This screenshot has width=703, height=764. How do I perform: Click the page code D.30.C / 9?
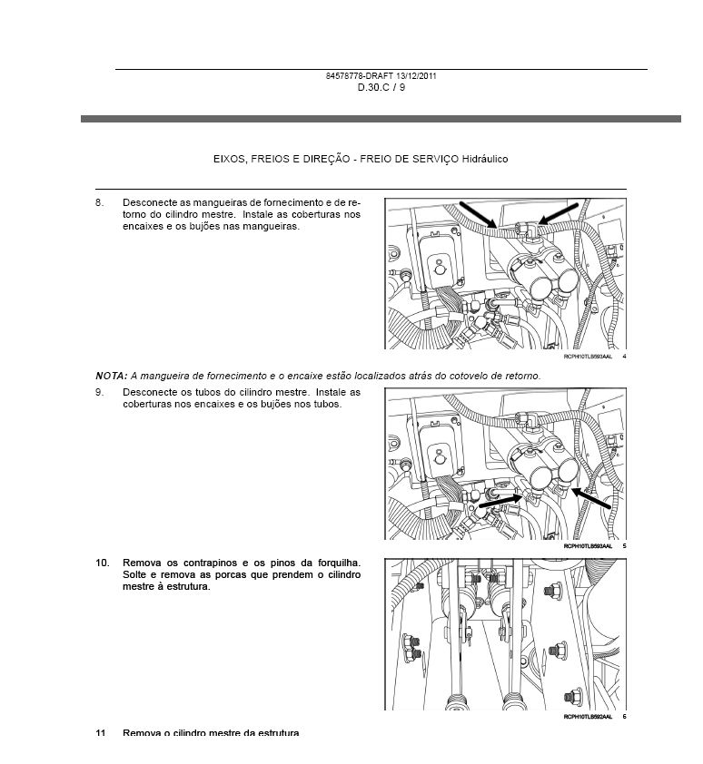click(x=381, y=87)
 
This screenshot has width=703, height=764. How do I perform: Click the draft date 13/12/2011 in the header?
click(x=413, y=75)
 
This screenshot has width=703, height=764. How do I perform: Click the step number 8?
click(x=100, y=202)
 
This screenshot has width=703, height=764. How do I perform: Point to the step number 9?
click(x=100, y=393)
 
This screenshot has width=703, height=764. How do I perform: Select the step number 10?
click(x=103, y=563)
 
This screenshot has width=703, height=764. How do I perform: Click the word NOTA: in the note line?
click(x=111, y=375)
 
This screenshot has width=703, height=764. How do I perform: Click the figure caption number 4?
click(x=625, y=356)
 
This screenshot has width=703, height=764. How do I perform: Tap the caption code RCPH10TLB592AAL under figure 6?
click(x=589, y=716)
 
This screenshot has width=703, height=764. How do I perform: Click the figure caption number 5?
click(x=625, y=547)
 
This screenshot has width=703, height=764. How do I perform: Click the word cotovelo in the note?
click(x=463, y=375)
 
